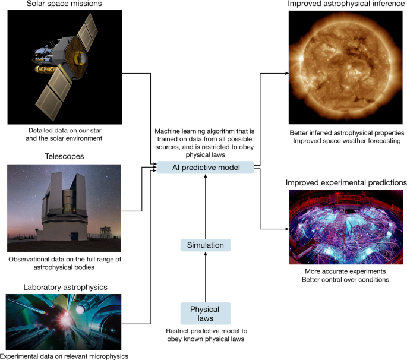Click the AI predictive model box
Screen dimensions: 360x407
click(204, 168)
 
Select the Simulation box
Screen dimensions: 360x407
click(204, 245)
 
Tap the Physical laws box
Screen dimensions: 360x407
click(204, 314)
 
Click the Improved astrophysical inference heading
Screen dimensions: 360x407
click(346, 4)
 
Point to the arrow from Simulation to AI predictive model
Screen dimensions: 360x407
click(205, 205)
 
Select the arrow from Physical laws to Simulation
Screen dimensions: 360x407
click(205, 279)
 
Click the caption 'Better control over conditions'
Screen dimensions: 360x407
click(347, 279)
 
